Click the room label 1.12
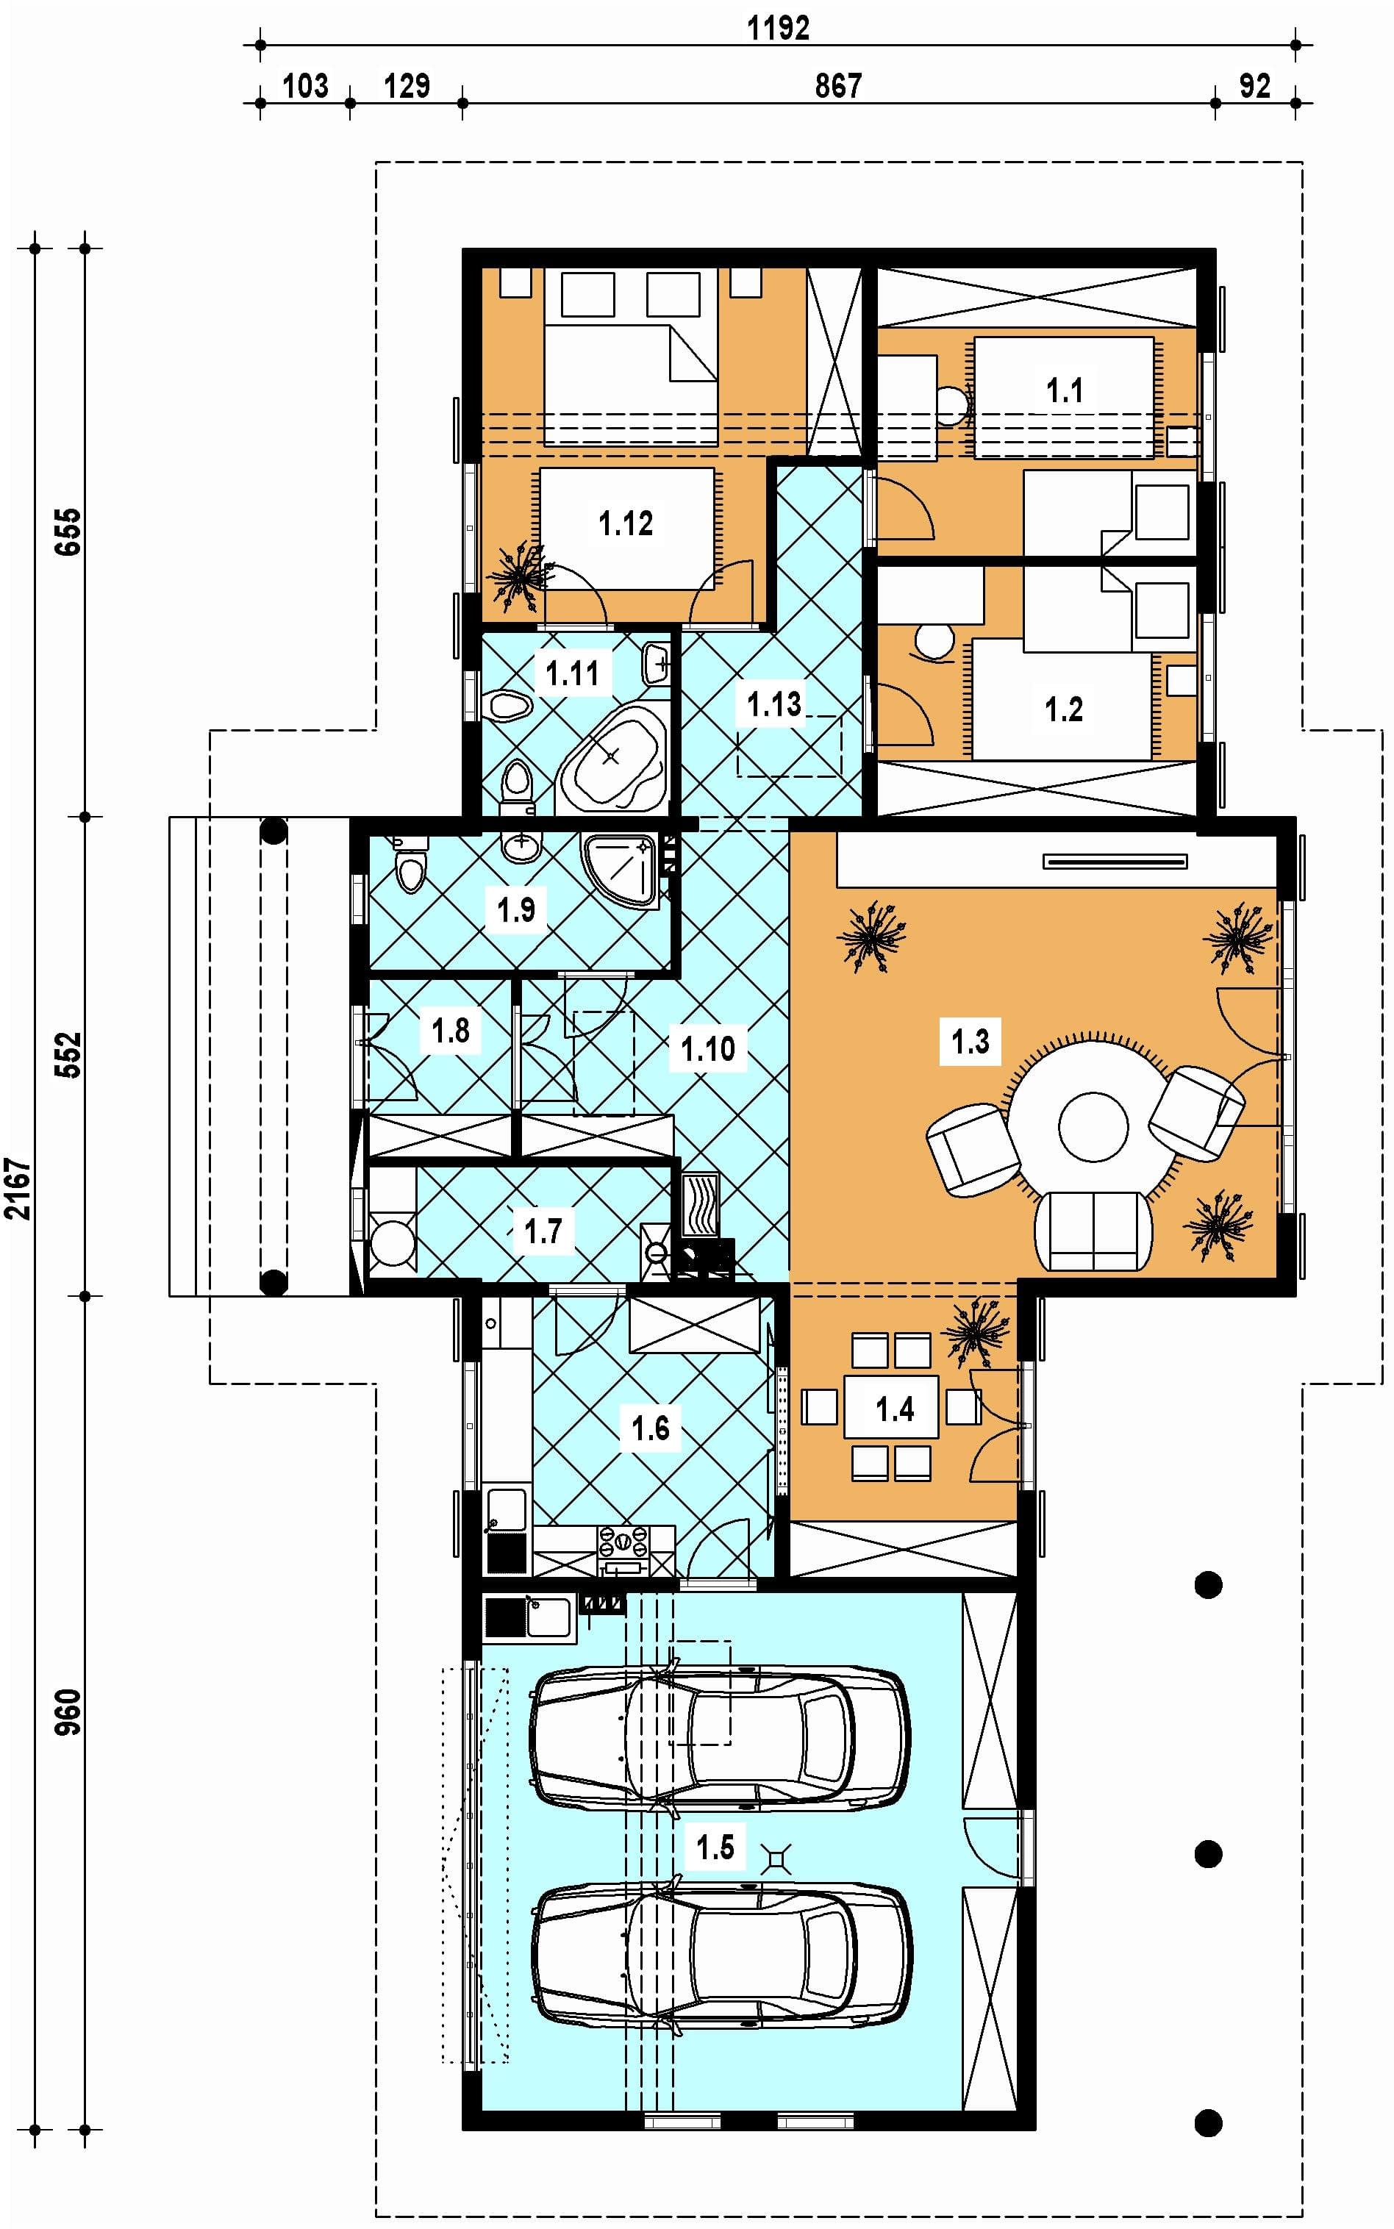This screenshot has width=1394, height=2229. (625, 523)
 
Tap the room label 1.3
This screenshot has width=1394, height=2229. (970, 1042)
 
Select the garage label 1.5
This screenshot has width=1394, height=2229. (715, 1847)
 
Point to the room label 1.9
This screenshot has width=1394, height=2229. (516, 910)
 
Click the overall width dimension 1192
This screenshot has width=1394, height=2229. (778, 28)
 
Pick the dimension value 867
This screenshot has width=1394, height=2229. (838, 86)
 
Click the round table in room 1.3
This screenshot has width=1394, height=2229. (1093, 1126)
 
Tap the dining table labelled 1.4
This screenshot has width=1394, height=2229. (892, 1406)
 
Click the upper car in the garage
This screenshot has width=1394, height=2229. (719, 1738)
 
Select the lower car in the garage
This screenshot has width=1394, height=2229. (721, 1956)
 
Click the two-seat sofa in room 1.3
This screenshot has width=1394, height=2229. (1093, 1231)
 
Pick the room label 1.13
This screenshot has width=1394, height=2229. (773, 704)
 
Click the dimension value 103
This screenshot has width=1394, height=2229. (305, 86)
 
